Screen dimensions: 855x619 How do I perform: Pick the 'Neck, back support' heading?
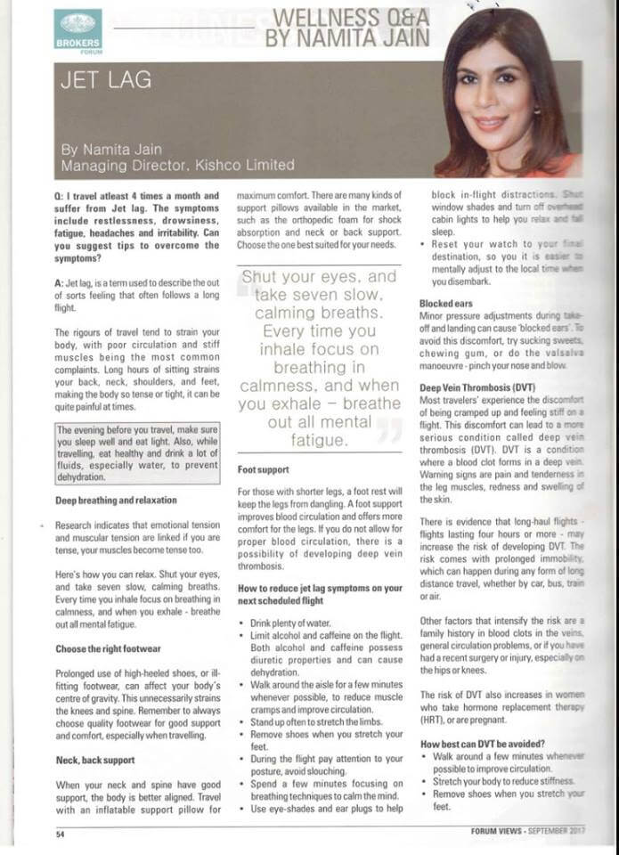tap(94, 760)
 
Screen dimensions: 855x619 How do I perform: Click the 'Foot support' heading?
tap(265, 468)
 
